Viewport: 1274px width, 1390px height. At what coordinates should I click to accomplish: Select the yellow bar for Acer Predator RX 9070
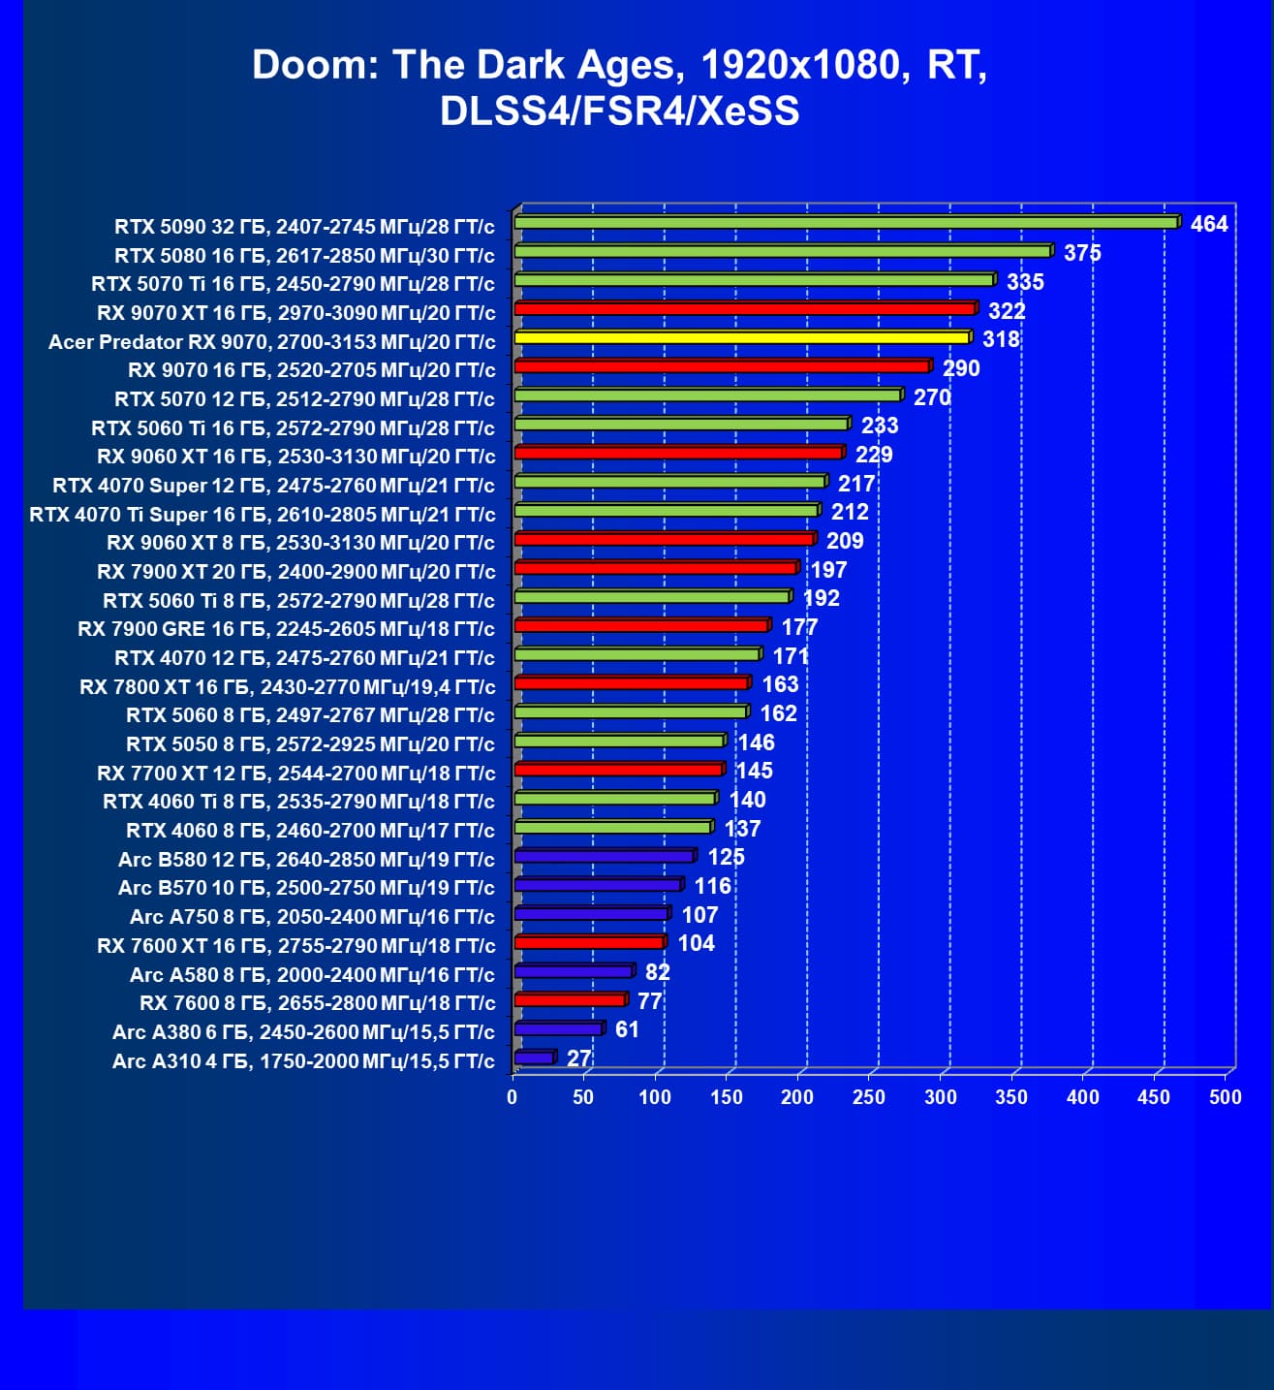point(742,337)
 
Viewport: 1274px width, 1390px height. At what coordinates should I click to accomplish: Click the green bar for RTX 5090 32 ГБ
point(846,222)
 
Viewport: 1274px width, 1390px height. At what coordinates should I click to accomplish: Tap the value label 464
point(1208,224)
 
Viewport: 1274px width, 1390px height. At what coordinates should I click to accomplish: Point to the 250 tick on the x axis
point(869,1097)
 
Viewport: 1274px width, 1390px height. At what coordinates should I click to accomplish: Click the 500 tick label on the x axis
point(1226,1097)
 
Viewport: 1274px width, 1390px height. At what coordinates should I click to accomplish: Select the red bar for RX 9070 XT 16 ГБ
point(744,309)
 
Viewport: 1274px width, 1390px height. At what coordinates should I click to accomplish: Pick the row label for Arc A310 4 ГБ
point(303,1061)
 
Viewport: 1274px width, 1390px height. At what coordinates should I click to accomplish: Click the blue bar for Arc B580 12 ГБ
point(604,856)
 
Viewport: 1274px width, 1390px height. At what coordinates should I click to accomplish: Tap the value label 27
point(578,1058)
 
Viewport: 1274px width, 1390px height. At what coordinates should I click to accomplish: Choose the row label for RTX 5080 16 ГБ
point(304,256)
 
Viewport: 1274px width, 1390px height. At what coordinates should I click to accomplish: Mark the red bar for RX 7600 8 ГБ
point(570,1000)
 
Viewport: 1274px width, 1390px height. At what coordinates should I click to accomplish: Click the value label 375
point(1082,253)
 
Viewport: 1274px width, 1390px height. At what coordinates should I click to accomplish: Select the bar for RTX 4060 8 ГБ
point(612,827)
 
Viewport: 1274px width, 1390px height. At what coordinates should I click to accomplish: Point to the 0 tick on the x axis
point(513,1097)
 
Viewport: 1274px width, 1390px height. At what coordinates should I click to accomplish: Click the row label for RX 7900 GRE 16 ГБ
point(286,629)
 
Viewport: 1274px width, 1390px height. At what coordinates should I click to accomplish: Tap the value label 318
point(1001,339)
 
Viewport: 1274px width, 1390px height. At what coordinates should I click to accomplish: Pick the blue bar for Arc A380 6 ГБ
point(558,1028)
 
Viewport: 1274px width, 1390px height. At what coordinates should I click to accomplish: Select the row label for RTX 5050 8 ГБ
point(310,744)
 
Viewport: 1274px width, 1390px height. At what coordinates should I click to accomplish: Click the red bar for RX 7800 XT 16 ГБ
point(631,683)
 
